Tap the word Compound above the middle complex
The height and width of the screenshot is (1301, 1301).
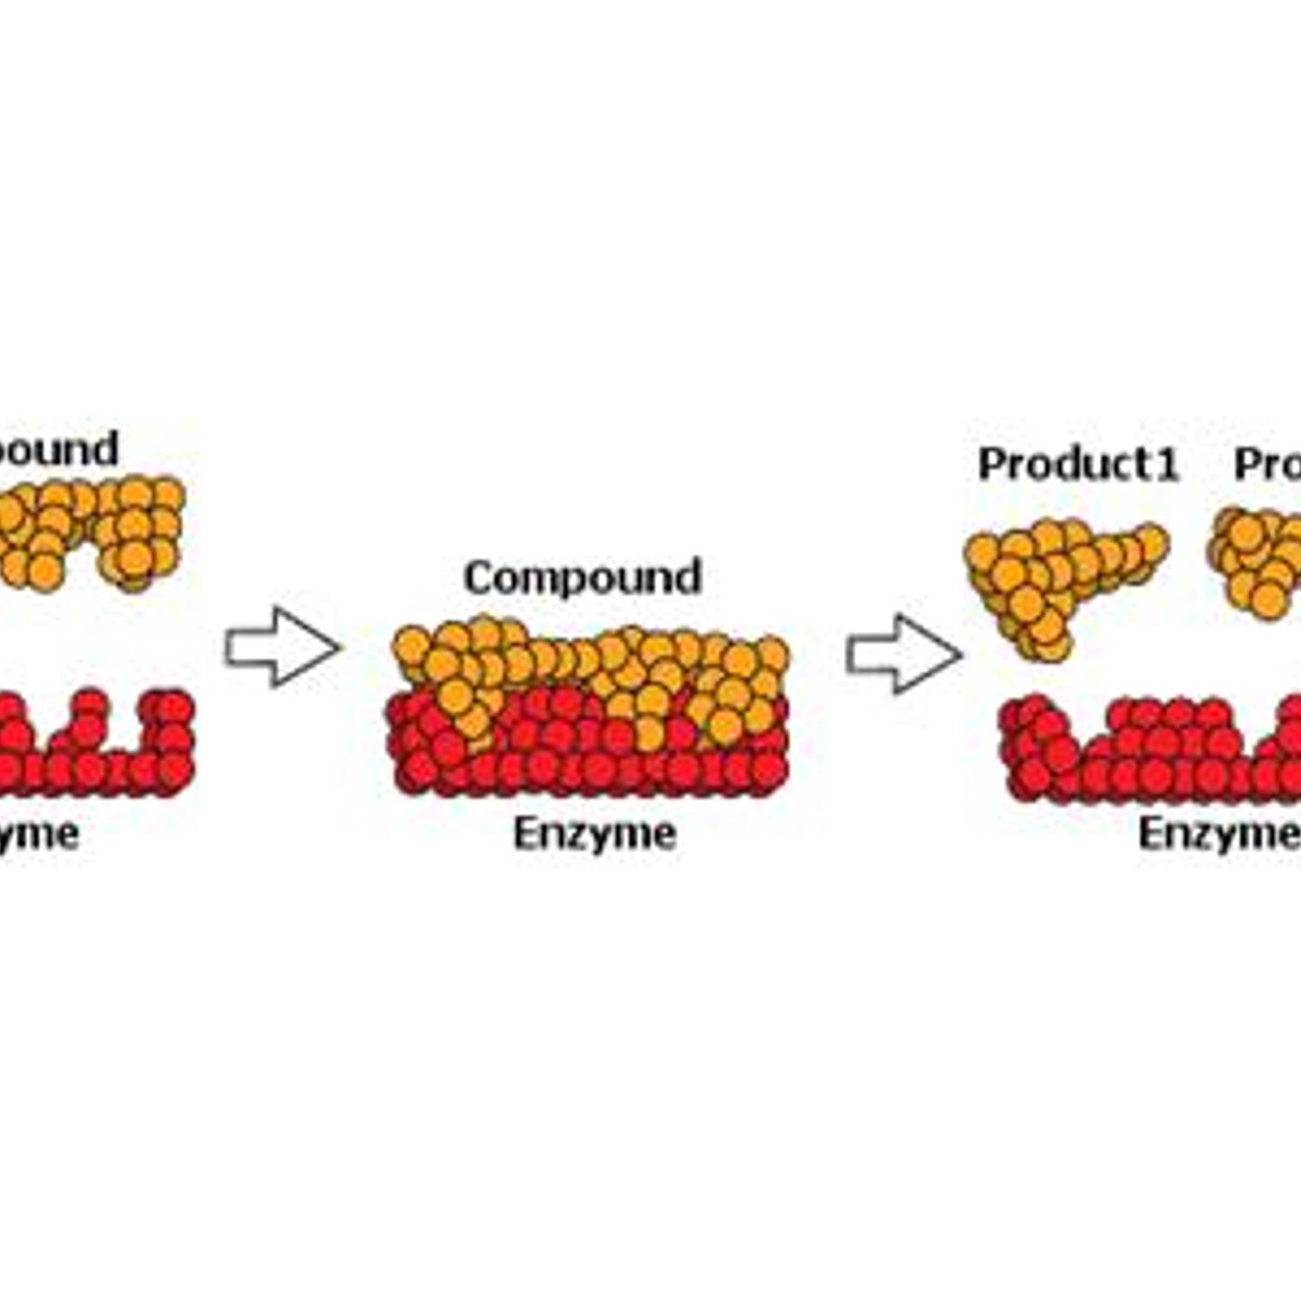583,577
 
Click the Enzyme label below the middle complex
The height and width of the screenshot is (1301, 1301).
595,834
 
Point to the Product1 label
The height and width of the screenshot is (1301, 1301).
1078,464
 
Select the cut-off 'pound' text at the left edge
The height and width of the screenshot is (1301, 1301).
58,449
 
